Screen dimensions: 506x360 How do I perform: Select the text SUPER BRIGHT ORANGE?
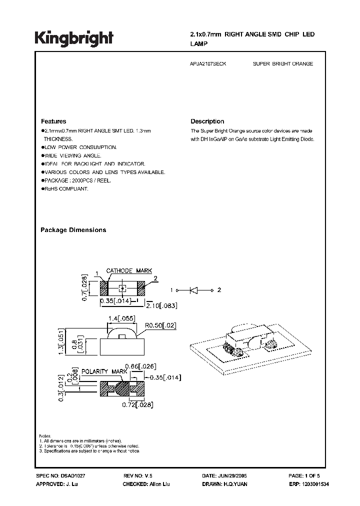tap(283, 64)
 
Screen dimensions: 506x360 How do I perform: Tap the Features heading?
tap(53, 121)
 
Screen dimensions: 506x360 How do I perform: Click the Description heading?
tap(207, 121)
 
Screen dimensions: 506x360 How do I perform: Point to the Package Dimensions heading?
tap(73, 230)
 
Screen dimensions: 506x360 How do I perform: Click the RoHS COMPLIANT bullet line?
tap(65, 188)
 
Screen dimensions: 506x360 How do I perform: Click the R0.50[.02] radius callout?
tap(160, 325)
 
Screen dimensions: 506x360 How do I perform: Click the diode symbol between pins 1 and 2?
tap(193, 290)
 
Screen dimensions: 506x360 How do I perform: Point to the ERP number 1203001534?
tap(316, 485)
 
